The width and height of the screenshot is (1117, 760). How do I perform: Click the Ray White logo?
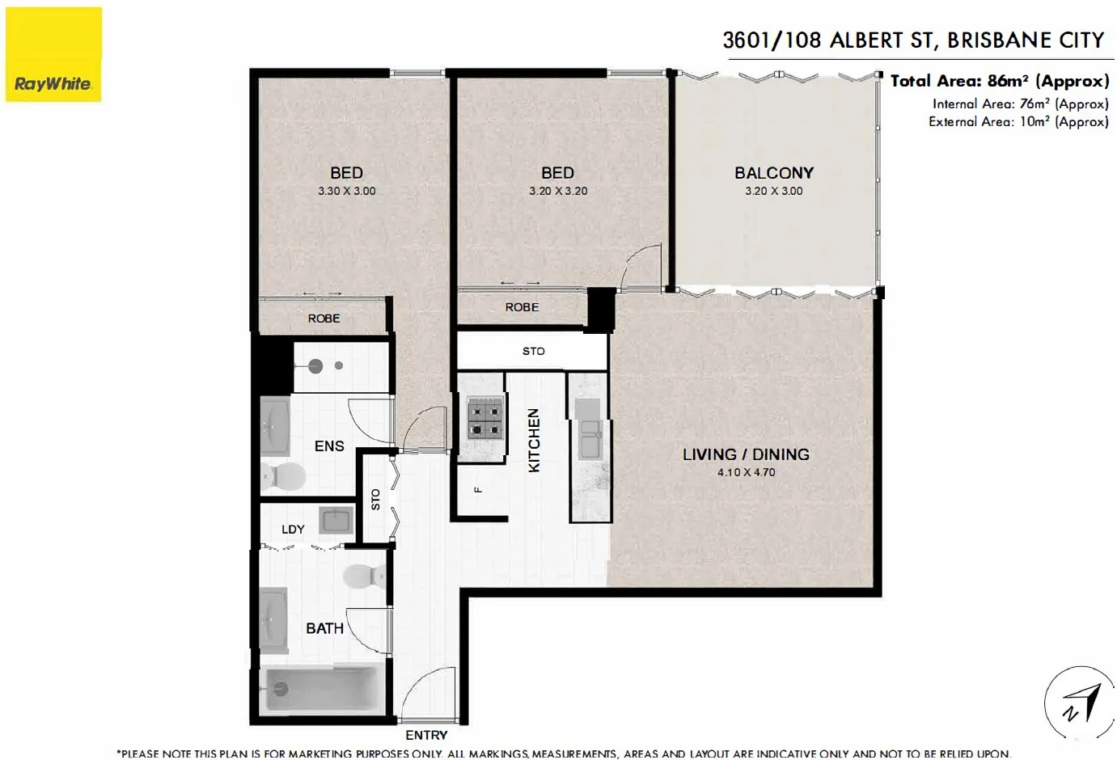pyautogui.click(x=53, y=55)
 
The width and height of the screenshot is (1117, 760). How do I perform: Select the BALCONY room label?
pyautogui.click(x=773, y=173)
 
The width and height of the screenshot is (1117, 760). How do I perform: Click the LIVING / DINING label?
pyautogui.click(x=745, y=454)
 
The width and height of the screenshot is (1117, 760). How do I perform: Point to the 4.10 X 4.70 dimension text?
pyautogui.click(x=746, y=472)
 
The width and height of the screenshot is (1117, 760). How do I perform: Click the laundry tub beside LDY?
pyautogui.click(x=336, y=520)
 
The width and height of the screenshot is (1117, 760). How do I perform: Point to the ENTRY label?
pyautogui.click(x=426, y=735)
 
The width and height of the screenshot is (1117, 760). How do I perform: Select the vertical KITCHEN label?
pyautogui.click(x=534, y=440)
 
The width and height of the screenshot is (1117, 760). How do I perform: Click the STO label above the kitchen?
pyautogui.click(x=533, y=351)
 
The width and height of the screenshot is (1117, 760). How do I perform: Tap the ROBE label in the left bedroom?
pyautogui.click(x=324, y=319)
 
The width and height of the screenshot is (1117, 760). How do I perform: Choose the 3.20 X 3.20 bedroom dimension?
pyautogui.click(x=558, y=191)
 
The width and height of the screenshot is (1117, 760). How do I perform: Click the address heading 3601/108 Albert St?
pyautogui.click(x=913, y=40)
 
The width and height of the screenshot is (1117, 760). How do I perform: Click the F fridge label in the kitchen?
pyautogui.click(x=478, y=489)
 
